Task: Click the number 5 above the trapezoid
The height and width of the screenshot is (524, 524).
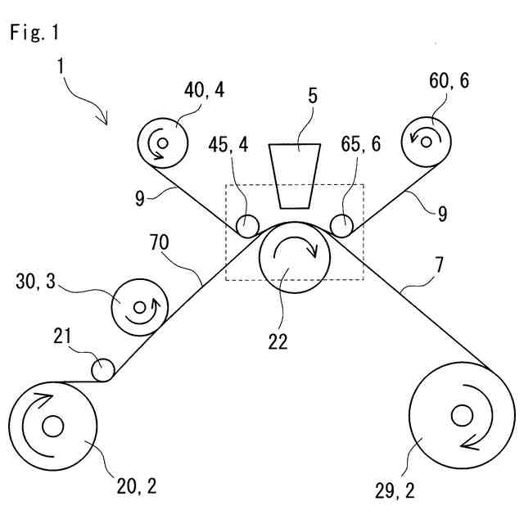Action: pyautogui.click(x=312, y=94)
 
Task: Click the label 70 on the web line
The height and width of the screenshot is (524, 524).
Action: pyautogui.click(x=162, y=242)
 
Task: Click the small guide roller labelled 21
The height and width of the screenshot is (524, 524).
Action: pyautogui.click(x=103, y=370)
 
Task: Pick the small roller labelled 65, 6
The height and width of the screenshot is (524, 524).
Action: pyautogui.click(x=342, y=224)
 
